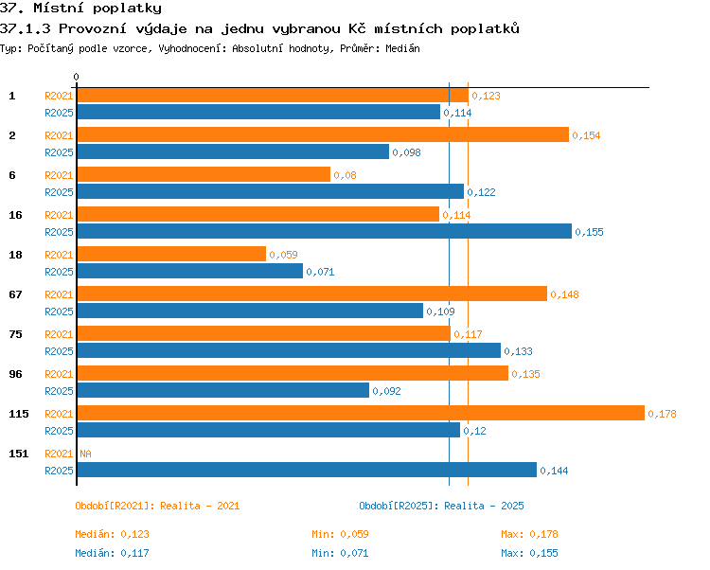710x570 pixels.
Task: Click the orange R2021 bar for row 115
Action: tap(361, 413)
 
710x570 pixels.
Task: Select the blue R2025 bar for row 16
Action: tap(324, 231)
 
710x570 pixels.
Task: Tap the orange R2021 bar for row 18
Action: tap(171, 254)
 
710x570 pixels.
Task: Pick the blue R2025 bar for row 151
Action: tap(307, 470)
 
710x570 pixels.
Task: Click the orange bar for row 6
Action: tap(204, 174)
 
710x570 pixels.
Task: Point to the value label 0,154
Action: tap(586, 135)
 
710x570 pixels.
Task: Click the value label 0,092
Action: tap(386, 391)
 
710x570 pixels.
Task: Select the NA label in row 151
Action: tap(85, 454)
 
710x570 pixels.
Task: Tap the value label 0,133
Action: tap(518, 351)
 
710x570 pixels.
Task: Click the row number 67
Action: tap(15, 294)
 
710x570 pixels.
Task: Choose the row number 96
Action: tap(15, 374)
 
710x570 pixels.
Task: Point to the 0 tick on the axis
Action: tap(76, 77)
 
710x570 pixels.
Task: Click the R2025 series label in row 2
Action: tap(59, 152)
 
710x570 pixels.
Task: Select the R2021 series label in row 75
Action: tap(59, 334)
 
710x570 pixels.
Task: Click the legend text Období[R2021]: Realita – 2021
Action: tap(157, 506)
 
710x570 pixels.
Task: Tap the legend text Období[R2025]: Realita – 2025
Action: tap(441, 506)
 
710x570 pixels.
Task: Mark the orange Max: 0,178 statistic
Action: tap(529, 534)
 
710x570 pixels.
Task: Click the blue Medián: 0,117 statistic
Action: tap(112, 553)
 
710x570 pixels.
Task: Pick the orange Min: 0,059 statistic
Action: tap(340, 534)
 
